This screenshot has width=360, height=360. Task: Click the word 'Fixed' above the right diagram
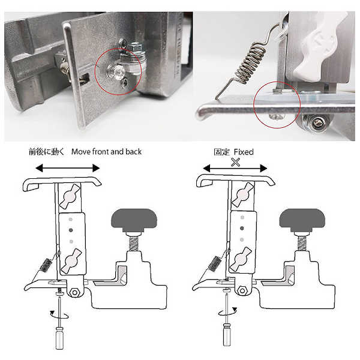click(244, 152)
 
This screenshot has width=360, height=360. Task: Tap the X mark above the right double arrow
click(235, 163)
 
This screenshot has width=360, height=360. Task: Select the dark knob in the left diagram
click(134, 220)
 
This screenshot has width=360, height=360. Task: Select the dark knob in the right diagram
click(302, 220)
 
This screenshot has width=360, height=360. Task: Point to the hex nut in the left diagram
click(74, 293)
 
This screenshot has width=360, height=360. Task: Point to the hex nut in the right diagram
click(242, 291)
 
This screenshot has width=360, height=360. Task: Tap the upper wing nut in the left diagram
click(70, 196)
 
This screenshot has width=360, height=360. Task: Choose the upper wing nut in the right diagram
click(242, 194)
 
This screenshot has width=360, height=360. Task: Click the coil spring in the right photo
click(250, 62)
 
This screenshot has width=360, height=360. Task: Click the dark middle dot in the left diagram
click(70, 230)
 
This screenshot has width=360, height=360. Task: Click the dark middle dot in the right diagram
click(242, 228)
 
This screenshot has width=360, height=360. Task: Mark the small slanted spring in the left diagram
click(46, 265)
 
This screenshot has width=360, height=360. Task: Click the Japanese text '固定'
click(221, 152)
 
